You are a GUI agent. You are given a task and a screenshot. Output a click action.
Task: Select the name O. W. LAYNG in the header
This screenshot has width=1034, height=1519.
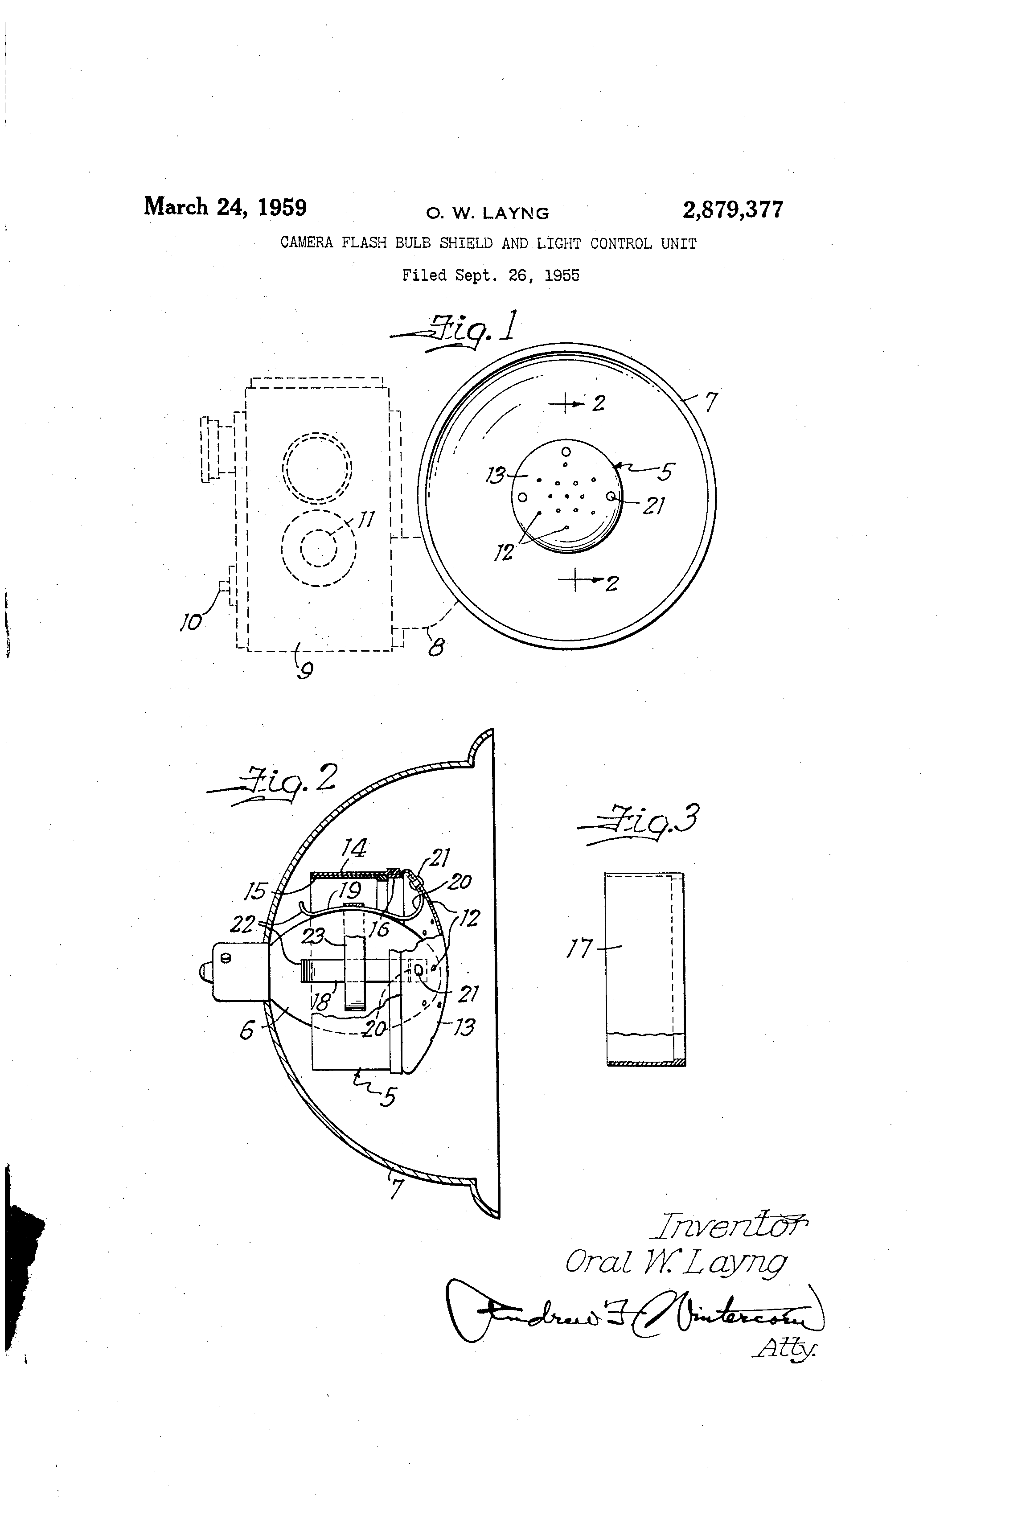coord(488,213)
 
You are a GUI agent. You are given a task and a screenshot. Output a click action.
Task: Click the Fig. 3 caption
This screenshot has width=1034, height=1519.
coord(644,821)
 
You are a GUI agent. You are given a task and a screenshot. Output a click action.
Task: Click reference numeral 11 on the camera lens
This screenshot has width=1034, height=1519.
coord(367,520)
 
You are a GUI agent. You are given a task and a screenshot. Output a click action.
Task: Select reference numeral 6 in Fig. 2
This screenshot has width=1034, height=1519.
coord(246,1031)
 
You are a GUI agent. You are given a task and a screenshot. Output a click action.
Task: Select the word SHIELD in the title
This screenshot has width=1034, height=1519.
coord(465,243)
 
